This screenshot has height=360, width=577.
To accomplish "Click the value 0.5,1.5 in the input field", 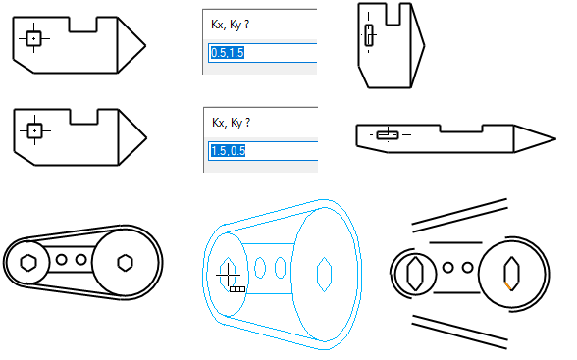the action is pos(228,53).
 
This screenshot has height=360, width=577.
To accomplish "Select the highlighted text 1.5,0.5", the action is pos(228,150).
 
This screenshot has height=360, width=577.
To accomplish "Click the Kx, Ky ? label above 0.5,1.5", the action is pos(230,25).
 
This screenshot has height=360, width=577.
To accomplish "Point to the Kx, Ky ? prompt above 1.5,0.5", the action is pos(232,123).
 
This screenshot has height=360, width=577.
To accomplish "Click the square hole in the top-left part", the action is pos(33,38).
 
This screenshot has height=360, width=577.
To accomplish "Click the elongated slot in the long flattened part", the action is pos(388,135).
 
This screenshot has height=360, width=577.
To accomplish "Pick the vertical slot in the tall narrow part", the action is pos(369,35).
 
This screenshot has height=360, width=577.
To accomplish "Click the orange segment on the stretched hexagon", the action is pos(508,285).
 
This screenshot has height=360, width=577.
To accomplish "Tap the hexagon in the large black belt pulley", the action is pos(126,263).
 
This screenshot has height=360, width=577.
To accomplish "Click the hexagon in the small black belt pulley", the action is pos(28,263).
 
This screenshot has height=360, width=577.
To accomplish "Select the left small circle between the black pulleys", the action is pos(62,260).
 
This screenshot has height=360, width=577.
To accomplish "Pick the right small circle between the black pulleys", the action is pos(80,260).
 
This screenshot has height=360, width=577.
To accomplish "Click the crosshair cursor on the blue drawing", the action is pos(228,275).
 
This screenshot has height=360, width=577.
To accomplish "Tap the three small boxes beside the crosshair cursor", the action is pos(237,289).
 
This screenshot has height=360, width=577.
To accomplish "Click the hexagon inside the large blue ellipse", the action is pos(324,275).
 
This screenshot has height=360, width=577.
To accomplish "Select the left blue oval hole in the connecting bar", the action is pos(260,268).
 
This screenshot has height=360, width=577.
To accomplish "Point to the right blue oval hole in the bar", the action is pos(281,268).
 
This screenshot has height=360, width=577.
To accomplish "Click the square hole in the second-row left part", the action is pos(35,130).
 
